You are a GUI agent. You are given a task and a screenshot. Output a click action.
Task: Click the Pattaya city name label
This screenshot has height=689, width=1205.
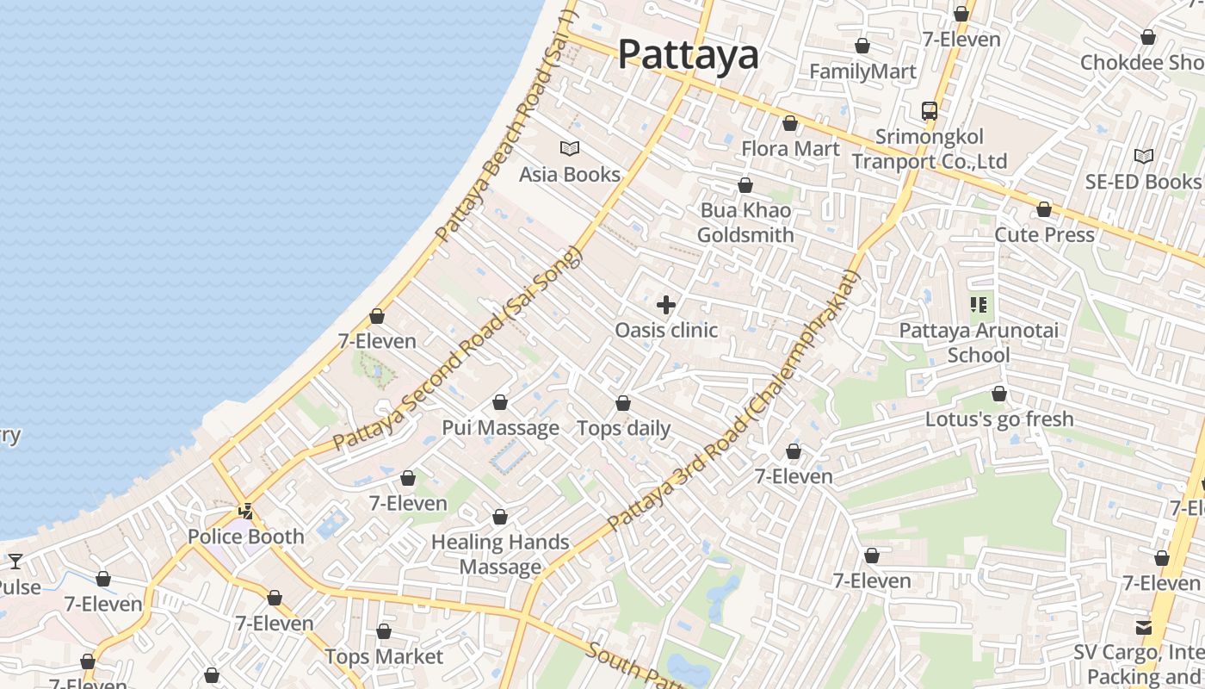(x=689, y=55)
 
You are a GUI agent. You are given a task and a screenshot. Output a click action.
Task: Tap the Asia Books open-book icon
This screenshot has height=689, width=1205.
(x=570, y=148)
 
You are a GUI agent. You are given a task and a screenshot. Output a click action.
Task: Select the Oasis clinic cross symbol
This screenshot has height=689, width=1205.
(x=666, y=305)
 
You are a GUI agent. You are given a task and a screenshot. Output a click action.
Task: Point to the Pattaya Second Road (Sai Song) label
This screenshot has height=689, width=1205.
(x=458, y=349)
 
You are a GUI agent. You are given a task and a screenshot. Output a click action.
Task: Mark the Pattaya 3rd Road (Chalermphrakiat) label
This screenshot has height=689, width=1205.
(x=734, y=400)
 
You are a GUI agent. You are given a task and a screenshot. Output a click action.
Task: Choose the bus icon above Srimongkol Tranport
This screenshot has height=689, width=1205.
(x=930, y=111)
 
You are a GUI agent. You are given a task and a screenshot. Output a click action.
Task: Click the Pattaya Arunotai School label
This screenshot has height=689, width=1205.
(x=979, y=343)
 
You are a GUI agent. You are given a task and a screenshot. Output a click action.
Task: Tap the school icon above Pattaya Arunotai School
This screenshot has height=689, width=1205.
(x=979, y=305)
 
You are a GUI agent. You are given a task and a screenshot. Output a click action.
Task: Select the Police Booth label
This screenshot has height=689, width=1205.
(x=246, y=537)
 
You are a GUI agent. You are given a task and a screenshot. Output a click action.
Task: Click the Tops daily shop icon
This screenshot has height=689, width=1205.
(x=623, y=403)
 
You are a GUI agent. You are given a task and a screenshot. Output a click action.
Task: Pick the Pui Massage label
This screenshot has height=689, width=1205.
(x=500, y=428)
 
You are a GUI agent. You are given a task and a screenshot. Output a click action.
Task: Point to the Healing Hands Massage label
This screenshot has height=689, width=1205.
(x=500, y=555)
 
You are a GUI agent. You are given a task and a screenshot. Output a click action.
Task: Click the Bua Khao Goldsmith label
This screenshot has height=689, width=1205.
(x=745, y=222)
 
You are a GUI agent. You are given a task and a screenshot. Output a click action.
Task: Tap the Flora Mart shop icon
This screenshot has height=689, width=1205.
(x=790, y=124)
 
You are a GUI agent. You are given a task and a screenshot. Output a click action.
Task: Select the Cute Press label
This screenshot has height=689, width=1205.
(x=1044, y=234)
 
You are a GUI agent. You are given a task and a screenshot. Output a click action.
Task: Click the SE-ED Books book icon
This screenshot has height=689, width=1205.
(x=1143, y=157)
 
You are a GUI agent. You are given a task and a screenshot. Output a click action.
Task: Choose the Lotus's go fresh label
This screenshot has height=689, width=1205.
(x=999, y=419)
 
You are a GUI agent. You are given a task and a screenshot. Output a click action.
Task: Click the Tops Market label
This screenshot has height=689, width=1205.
(x=384, y=657)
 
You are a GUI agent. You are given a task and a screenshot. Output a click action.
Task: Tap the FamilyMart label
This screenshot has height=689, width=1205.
(x=862, y=71)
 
